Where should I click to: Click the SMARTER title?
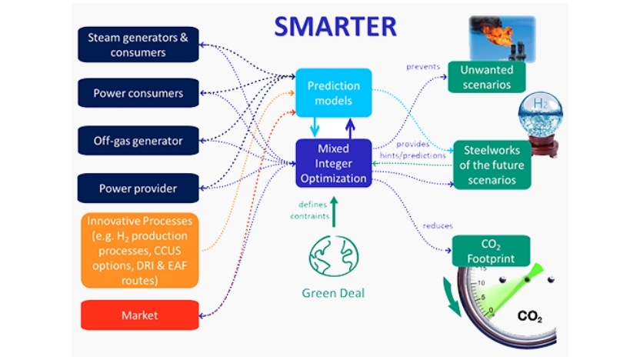(335, 26)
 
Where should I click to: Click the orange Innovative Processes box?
(138, 249)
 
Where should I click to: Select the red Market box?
(138, 315)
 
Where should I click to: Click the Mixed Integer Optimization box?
(333, 162)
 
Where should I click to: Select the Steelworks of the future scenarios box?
(491, 164)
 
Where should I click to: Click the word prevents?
(423, 67)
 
